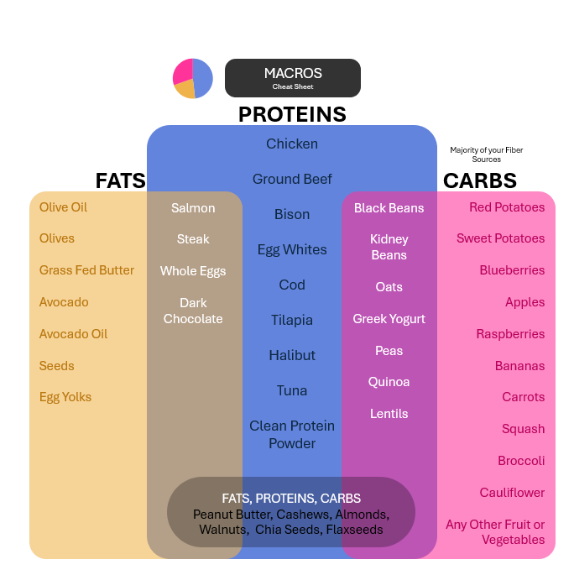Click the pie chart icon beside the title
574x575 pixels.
(x=193, y=78)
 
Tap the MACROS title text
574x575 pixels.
(x=293, y=74)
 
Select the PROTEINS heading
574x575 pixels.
(x=292, y=114)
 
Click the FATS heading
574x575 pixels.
(x=120, y=180)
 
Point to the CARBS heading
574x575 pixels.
(x=480, y=180)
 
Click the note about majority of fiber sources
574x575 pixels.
(x=486, y=154)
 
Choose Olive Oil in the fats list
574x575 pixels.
(x=63, y=207)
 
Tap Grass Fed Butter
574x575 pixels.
(x=86, y=270)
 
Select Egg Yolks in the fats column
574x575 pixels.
(x=65, y=397)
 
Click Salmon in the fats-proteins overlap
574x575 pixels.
(x=193, y=208)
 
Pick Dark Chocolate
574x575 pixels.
(x=193, y=311)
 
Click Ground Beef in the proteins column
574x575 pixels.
(x=292, y=179)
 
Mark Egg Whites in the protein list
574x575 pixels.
(x=292, y=249)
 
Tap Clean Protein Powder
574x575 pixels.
(x=292, y=435)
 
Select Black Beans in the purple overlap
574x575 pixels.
(x=389, y=208)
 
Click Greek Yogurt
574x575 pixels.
(x=389, y=319)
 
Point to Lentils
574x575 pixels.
(x=389, y=414)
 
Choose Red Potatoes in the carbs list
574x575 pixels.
(x=507, y=207)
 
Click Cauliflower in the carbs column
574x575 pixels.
(x=512, y=493)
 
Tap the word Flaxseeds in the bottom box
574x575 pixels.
(x=353, y=530)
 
